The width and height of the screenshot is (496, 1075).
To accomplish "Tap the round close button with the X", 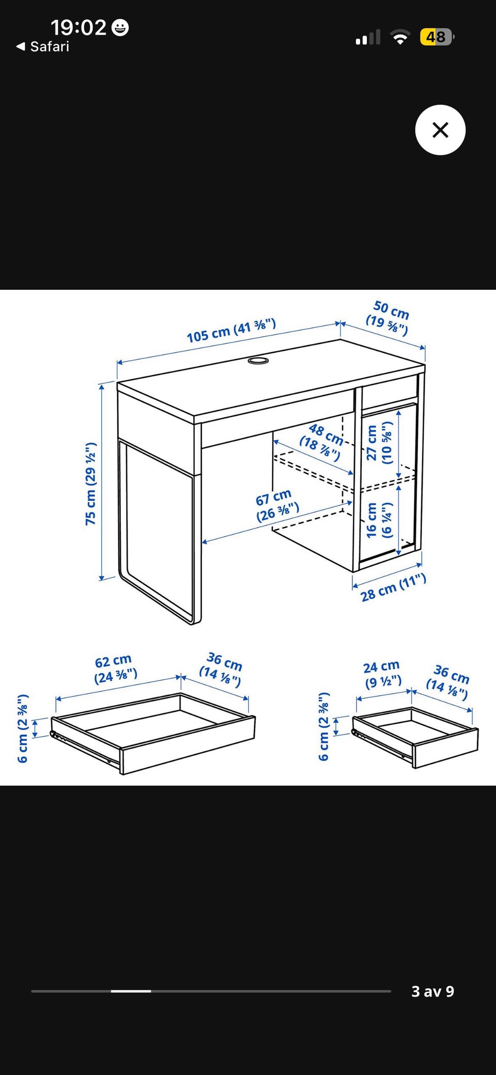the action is (x=440, y=130).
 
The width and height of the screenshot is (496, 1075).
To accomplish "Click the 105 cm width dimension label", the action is (x=231, y=331).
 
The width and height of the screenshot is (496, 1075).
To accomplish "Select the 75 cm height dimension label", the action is (x=91, y=484).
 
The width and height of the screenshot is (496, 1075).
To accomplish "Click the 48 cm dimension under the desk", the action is (x=322, y=442).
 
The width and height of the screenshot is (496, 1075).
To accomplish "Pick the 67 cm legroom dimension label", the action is (x=277, y=506).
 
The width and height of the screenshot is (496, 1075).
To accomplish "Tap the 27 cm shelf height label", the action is (x=379, y=443).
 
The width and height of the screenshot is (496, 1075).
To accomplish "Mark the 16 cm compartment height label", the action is (x=379, y=520).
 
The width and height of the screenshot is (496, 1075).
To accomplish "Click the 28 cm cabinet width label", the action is (x=393, y=588).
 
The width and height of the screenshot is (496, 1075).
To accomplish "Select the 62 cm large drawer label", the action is (x=115, y=669).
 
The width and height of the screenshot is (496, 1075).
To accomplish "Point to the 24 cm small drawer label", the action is (x=383, y=674).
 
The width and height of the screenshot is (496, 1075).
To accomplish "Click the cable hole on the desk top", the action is (x=258, y=360).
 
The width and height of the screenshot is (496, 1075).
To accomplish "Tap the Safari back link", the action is (x=43, y=46).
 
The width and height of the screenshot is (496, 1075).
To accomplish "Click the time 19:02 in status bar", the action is (x=79, y=27).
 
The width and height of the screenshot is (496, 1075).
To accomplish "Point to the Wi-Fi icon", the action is (x=400, y=37).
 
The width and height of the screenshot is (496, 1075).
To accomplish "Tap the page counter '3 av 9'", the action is (x=432, y=991).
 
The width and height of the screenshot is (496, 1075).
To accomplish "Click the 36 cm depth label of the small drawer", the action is (x=447, y=682).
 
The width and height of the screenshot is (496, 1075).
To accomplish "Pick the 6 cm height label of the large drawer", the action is (x=22, y=728).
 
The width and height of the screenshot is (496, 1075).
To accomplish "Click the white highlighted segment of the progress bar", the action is (x=131, y=991).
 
